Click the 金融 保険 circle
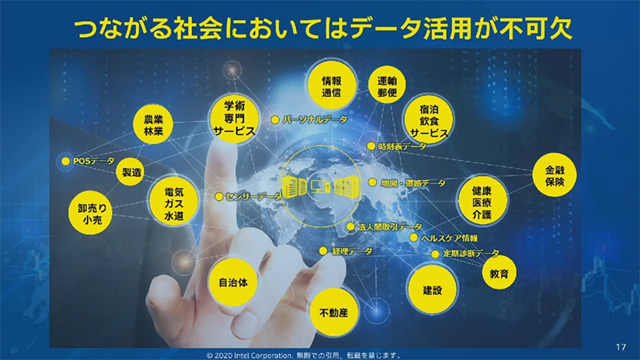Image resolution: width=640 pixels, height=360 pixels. click(x=554, y=177)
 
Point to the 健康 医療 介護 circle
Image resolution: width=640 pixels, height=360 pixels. click(x=482, y=203)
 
